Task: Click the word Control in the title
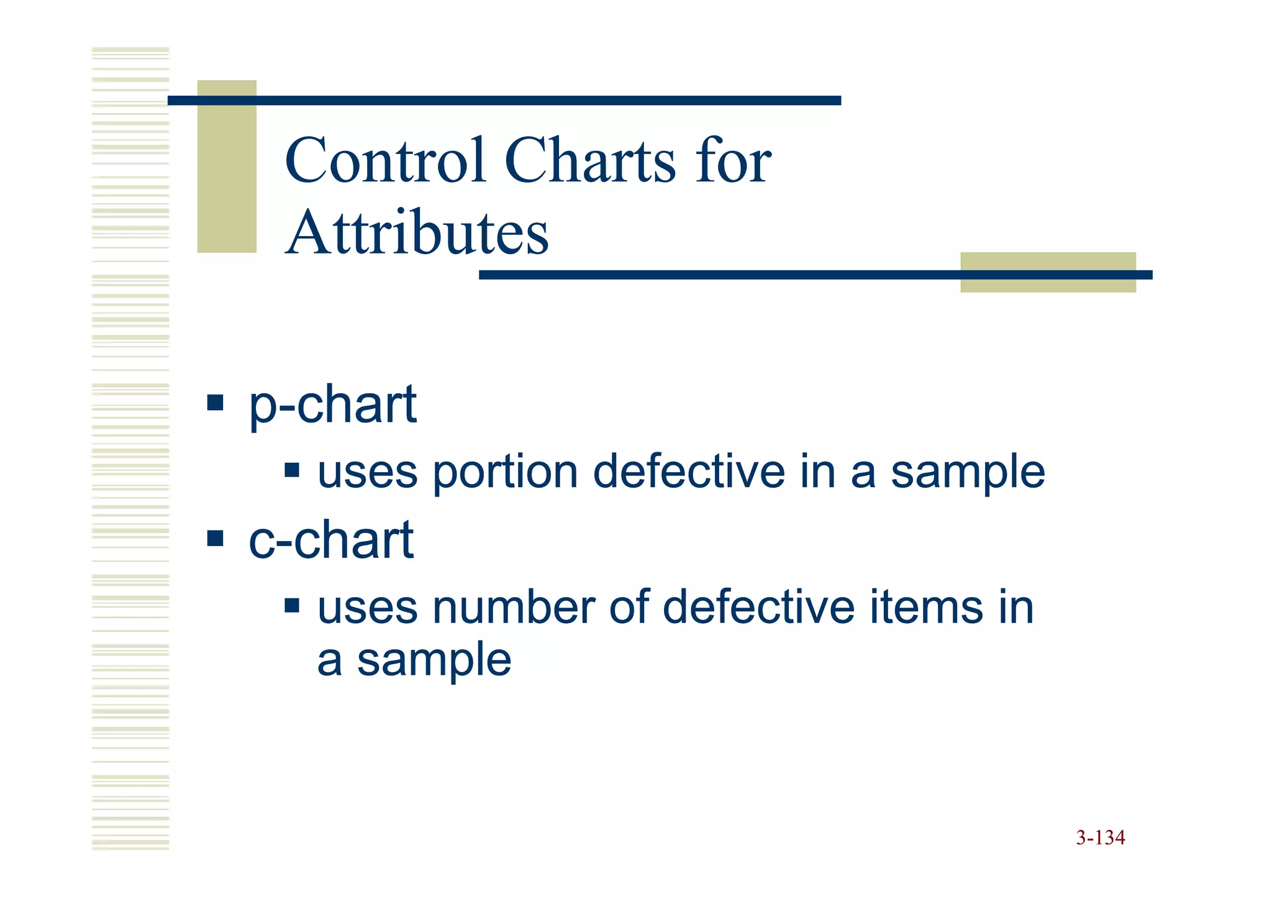click(x=384, y=161)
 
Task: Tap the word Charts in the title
click(x=590, y=161)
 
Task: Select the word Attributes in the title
click(x=417, y=233)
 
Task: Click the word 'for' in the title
click(x=734, y=161)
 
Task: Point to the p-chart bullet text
click(x=332, y=404)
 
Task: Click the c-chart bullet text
click(x=331, y=540)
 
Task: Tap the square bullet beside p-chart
click(x=215, y=403)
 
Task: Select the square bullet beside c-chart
click(x=215, y=537)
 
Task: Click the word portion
click(x=505, y=472)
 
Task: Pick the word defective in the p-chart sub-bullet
click(x=689, y=472)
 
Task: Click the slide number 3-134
click(x=1100, y=837)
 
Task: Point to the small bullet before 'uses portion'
click(x=292, y=470)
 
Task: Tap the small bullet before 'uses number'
click(x=292, y=605)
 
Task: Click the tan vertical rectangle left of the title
click(x=227, y=167)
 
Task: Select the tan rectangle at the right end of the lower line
click(x=1048, y=272)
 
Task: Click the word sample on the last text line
click(x=434, y=660)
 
